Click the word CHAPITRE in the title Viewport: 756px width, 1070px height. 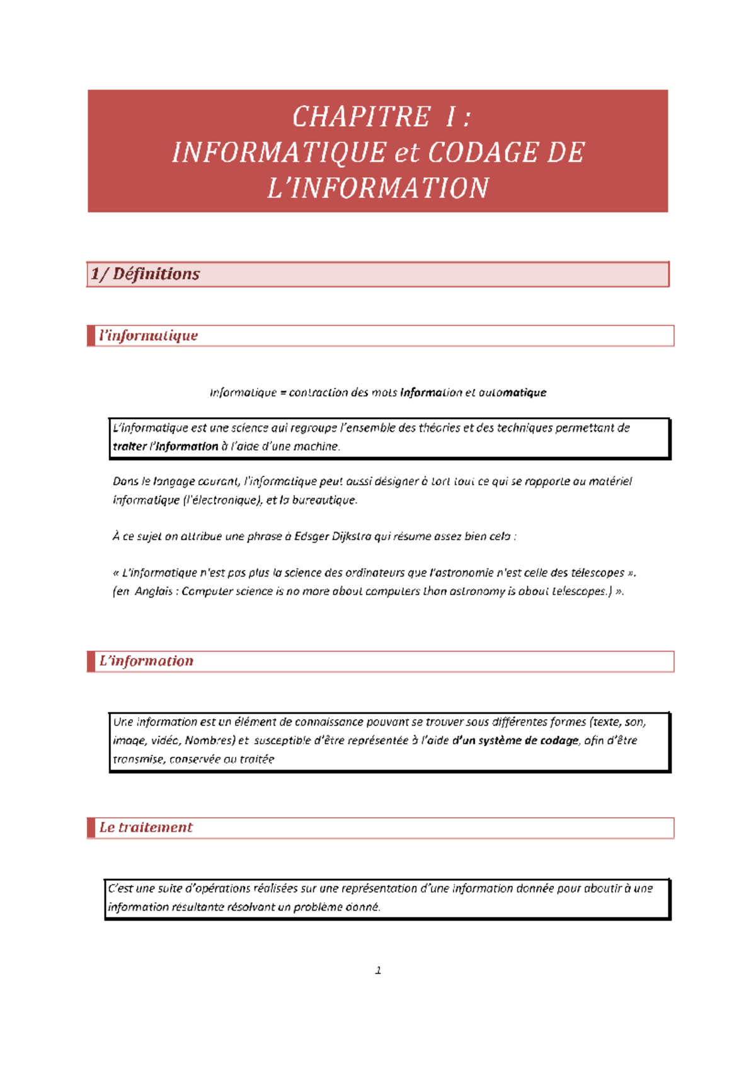click(361, 117)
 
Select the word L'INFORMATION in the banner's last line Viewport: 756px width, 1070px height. click(378, 188)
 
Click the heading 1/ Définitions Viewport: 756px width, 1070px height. click(145, 274)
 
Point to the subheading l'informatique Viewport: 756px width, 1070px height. click(148, 336)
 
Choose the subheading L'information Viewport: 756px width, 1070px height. click(146, 661)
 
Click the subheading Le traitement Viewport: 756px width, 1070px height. click(146, 827)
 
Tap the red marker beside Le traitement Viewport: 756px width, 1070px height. click(91, 828)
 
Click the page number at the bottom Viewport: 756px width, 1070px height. click(378, 970)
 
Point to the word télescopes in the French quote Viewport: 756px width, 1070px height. click(597, 573)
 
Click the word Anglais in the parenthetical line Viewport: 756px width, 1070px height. click(153, 591)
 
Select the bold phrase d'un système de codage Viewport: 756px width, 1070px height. click(515, 740)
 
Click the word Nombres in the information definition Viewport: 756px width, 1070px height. click(209, 740)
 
